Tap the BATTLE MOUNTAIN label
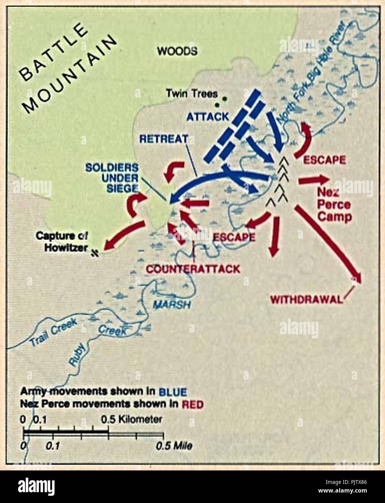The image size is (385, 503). click(67, 69)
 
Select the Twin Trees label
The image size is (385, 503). click(192, 94)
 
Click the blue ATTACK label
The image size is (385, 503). click(207, 117)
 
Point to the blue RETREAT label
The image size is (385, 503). click(164, 139)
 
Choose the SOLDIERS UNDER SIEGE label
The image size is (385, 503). click(112, 178)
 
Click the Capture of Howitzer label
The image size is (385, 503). click(61, 242)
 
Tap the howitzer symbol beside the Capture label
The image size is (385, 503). click(95, 252)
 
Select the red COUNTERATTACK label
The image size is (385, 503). click(193, 269)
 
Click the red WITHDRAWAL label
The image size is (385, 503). click(306, 300)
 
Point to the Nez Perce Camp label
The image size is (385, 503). click(334, 205)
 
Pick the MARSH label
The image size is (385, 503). click(171, 305)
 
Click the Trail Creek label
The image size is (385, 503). click(53, 332)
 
